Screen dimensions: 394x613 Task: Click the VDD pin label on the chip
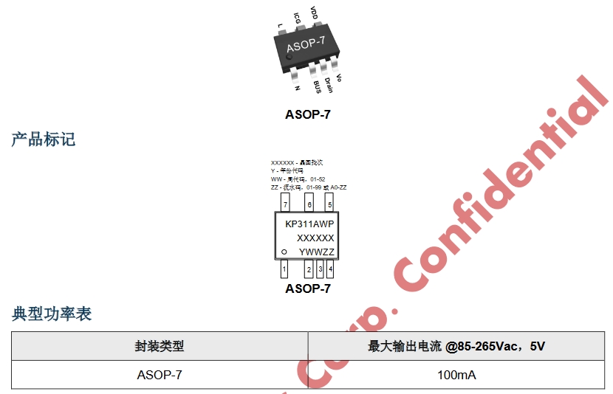[x=314, y=13]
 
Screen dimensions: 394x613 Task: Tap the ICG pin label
[x=297, y=18]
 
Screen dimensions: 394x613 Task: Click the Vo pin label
[x=339, y=77]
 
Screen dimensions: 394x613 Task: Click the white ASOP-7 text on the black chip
[x=305, y=46]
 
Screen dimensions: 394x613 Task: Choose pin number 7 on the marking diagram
[x=284, y=204]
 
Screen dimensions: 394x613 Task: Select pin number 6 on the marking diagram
[x=309, y=204]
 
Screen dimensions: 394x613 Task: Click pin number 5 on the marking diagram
[x=329, y=204]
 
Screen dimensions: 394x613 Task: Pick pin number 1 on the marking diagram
[x=284, y=269]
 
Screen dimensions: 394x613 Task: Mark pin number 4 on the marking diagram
[x=330, y=269]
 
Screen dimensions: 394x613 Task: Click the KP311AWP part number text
[x=309, y=224]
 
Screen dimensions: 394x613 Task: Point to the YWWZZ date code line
[x=317, y=252]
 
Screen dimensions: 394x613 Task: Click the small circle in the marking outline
[x=284, y=252]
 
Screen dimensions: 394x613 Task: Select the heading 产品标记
[x=43, y=139]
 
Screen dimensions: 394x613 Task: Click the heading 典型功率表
[x=52, y=314]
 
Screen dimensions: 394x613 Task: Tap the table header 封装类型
[x=159, y=346]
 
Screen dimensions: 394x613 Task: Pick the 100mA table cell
[x=456, y=375]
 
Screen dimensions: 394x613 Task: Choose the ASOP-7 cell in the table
[x=159, y=375]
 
